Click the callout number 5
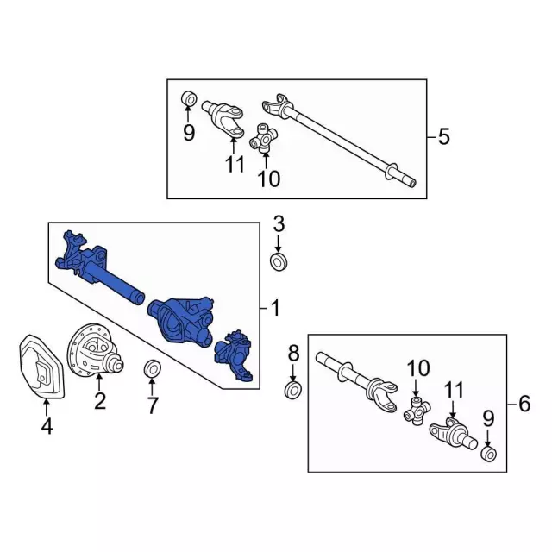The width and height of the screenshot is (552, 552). [x=443, y=136]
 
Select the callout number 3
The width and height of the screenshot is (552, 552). [x=278, y=225]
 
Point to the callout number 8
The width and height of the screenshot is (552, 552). [x=293, y=353]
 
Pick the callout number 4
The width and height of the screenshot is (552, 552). [x=47, y=425]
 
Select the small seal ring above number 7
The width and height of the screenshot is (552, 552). [x=150, y=370]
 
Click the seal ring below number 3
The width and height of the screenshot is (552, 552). [x=279, y=261]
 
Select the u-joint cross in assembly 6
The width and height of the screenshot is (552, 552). [x=417, y=411]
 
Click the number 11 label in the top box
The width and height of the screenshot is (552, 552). [x=235, y=165]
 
